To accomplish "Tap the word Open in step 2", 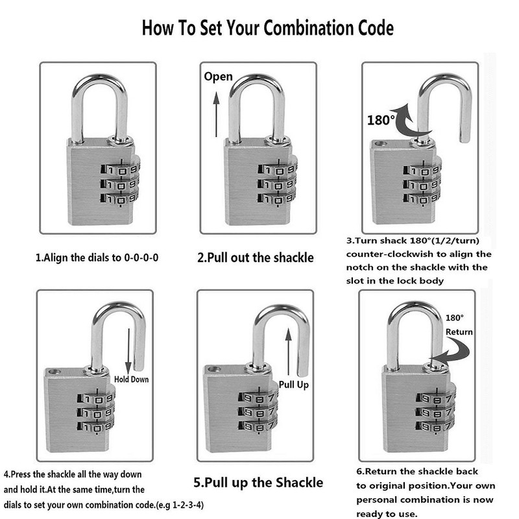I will point(218,77).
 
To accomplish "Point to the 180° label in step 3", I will point(380,120).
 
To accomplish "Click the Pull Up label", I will point(293,384).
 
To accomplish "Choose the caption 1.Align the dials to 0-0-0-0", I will point(97,258).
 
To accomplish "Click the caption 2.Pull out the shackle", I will point(255,258).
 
